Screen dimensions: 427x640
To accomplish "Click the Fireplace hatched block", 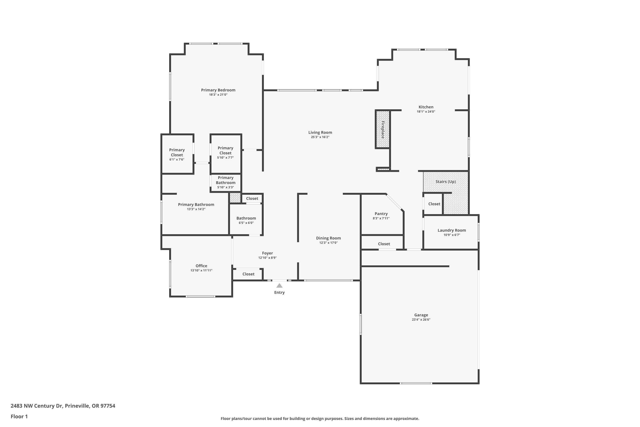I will pyautogui.click(x=383, y=129).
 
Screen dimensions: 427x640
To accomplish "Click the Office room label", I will pyautogui.click(x=201, y=266).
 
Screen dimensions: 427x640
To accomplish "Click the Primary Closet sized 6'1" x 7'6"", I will pyautogui.click(x=177, y=152).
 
